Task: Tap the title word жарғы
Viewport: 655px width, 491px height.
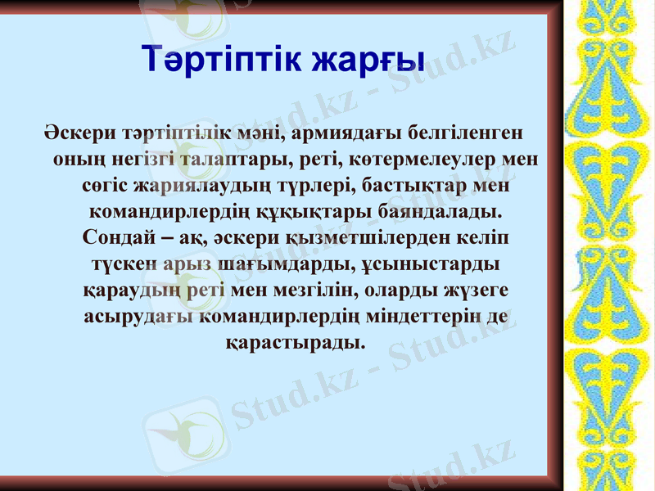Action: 364,60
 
